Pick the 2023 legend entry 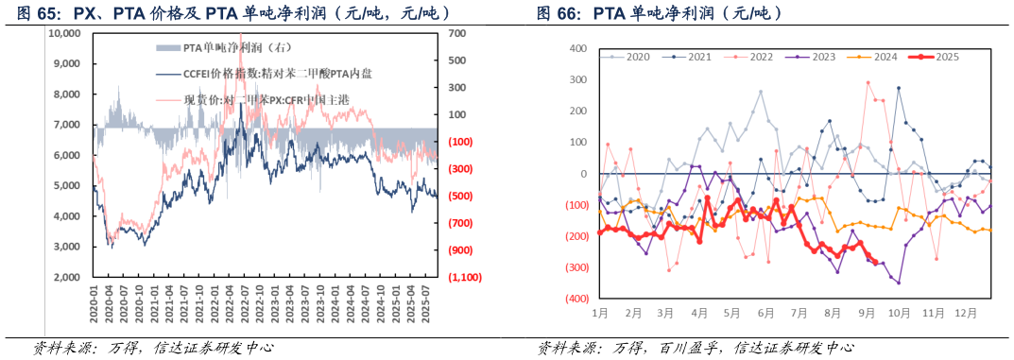(x=822, y=57)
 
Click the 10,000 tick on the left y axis (x=63, y=33)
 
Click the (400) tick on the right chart (x=573, y=299)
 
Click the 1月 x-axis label (x=600, y=313)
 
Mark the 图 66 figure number (x=558, y=12)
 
